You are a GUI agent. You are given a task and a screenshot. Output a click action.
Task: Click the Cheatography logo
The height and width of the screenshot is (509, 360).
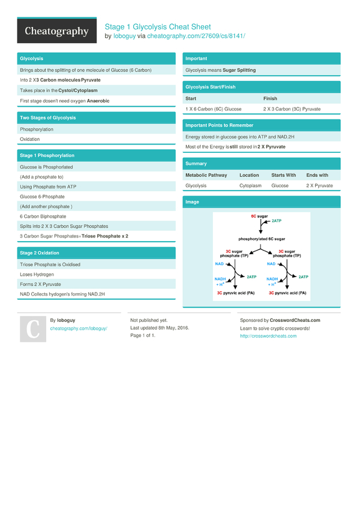pos(56,32)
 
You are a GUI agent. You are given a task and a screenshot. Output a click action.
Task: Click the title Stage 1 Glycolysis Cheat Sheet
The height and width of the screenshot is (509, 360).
pos(158,26)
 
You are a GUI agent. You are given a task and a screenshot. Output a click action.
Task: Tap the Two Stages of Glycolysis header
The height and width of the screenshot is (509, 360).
pos(48,118)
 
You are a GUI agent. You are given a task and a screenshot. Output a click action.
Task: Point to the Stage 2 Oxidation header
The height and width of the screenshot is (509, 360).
pos(40,253)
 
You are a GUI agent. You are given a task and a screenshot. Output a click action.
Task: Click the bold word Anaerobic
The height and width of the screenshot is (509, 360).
pos(98,101)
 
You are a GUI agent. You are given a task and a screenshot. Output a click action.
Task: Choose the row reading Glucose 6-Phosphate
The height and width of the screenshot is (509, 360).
pos(43,197)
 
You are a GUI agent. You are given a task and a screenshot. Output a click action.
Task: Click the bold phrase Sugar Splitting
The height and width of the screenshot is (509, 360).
pos(239,70)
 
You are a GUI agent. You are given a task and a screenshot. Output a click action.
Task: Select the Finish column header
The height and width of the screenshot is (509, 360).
pos(270,98)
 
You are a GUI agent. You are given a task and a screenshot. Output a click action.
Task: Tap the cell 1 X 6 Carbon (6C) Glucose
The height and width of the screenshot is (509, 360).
pos(214,109)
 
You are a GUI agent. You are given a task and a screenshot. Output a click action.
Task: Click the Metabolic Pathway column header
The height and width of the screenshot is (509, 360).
pos(206,175)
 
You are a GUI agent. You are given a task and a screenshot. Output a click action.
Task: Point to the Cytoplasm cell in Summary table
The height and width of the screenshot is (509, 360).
pos(251,186)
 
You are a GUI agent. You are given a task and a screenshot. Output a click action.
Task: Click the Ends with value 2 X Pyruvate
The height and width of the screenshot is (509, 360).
pos(319,186)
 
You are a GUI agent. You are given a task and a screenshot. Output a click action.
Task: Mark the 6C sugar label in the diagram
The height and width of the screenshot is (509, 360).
pos(259,215)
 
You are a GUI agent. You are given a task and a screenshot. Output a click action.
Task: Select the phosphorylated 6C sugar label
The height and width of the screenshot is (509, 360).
pos(261,238)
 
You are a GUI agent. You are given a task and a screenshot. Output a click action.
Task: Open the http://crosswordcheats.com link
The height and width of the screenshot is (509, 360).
pos(268,336)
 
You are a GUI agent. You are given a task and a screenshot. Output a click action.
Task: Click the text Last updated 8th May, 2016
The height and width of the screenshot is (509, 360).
pos(160,328)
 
